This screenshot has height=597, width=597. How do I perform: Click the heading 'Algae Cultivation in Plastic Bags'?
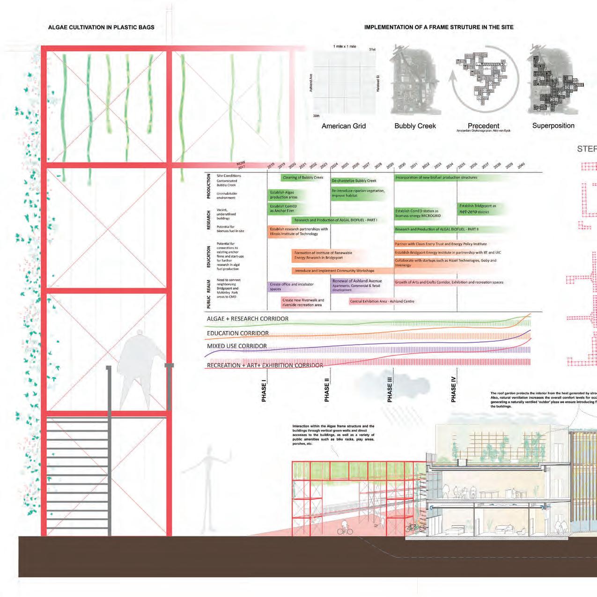pyautogui.click(x=101, y=27)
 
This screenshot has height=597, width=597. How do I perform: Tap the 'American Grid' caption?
pyautogui.click(x=343, y=126)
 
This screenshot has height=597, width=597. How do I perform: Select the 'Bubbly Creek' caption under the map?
pyautogui.click(x=415, y=126)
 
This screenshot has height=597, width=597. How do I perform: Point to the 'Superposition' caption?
pyautogui.click(x=553, y=125)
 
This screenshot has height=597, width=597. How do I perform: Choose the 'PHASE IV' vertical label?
pyautogui.click(x=453, y=388)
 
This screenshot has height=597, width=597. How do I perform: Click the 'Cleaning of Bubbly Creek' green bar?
pyautogui.click(x=303, y=177)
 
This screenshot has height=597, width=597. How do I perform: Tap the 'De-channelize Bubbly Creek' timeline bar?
pyautogui.click(x=354, y=181)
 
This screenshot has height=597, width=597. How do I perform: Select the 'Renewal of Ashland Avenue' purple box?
pyautogui.click(x=357, y=285)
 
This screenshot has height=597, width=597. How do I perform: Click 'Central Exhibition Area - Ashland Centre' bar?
pyautogui.click(x=382, y=302)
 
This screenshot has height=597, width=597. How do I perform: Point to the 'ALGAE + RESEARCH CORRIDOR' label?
pyautogui.click(x=248, y=319)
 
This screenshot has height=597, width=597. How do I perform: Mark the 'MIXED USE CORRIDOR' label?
pyautogui.click(x=237, y=346)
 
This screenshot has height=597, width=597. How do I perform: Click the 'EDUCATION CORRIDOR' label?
pyautogui.click(x=238, y=333)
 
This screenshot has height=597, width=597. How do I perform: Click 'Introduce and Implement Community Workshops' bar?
pyautogui.click(x=334, y=271)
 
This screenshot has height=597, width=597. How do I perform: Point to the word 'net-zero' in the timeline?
pyautogui.click(x=468, y=212)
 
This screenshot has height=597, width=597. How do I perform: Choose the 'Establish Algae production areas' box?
pyautogui.click(x=284, y=195)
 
